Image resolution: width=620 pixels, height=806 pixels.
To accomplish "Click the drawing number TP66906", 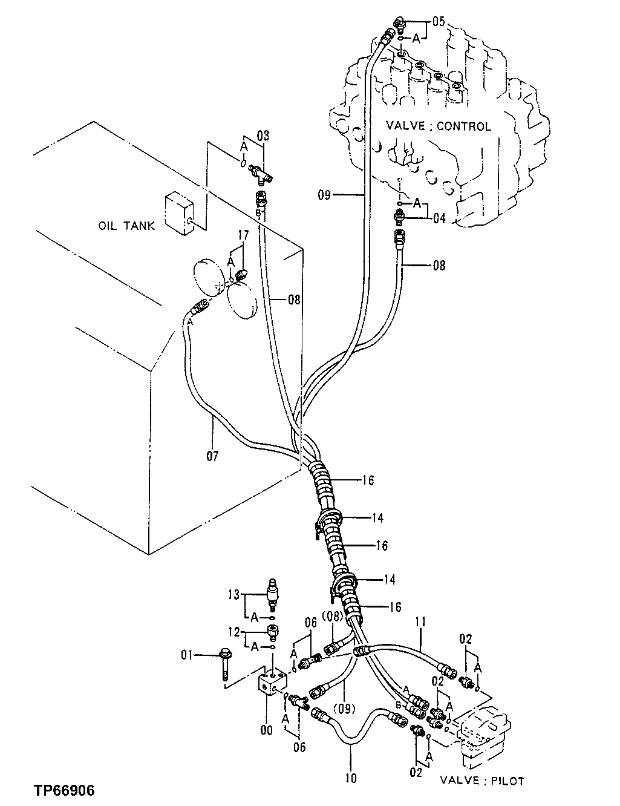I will (x=64, y=791).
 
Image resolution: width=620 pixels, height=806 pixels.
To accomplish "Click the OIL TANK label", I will (x=126, y=226).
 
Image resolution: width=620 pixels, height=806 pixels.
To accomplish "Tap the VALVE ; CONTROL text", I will (x=439, y=126).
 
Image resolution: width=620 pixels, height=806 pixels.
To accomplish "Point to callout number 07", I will (x=212, y=455).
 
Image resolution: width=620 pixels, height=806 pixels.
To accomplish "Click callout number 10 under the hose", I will (x=351, y=778).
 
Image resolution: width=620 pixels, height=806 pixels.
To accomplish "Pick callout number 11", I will (x=420, y=621).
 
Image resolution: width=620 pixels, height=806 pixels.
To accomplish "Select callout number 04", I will (x=439, y=218).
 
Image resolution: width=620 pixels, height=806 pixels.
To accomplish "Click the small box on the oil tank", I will (x=178, y=214).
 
